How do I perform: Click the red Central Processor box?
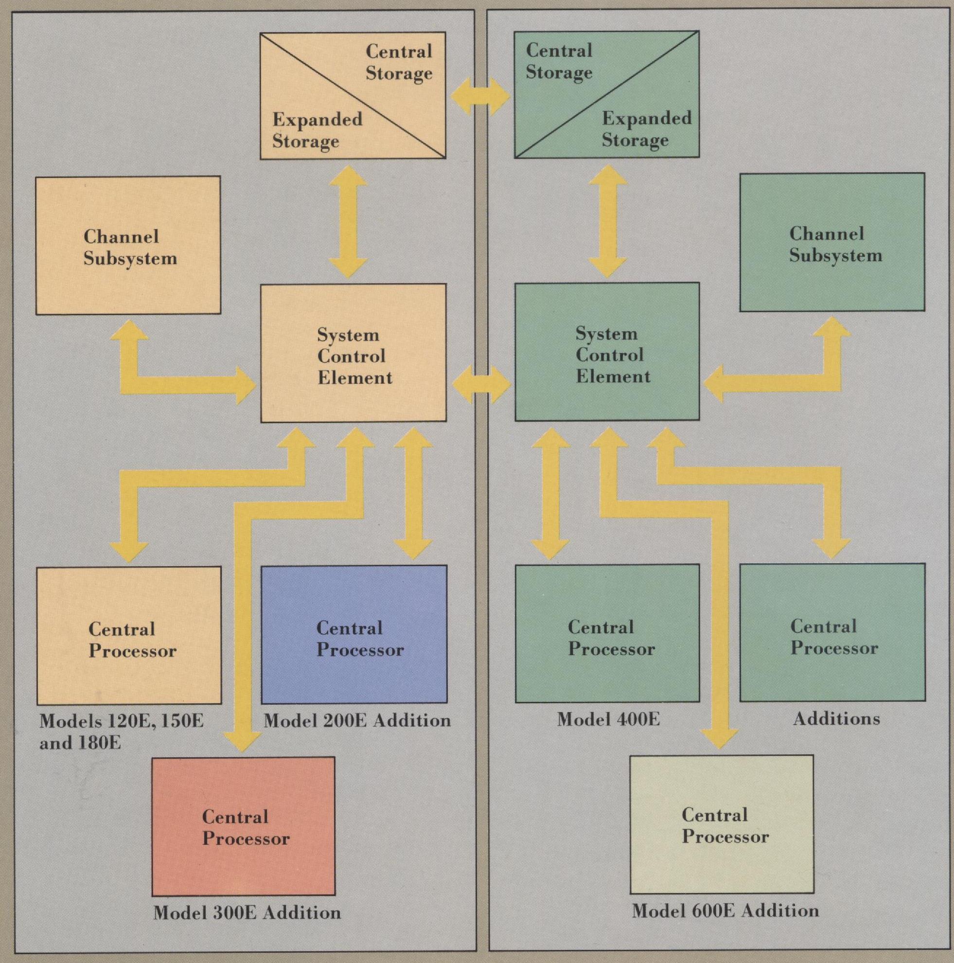tap(243, 826)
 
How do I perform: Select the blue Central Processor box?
tap(354, 634)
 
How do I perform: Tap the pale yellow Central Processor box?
tap(721, 824)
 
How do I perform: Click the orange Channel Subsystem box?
tap(128, 245)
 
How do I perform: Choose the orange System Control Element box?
tap(353, 353)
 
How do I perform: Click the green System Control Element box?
tap(607, 352)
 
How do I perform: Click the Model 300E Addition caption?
tap(247, 912)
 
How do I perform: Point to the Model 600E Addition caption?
tap(725, 910)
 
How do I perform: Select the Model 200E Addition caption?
tap(357, 720)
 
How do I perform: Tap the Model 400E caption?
tap(608, 719)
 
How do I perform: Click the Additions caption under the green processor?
tap(836, 718)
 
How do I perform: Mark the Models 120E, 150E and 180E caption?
tap(121, 731)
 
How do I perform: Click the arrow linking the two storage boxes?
tap(480, 97)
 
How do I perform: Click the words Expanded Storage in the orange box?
tap(317, 129)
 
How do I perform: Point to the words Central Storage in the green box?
tap(559, 61)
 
